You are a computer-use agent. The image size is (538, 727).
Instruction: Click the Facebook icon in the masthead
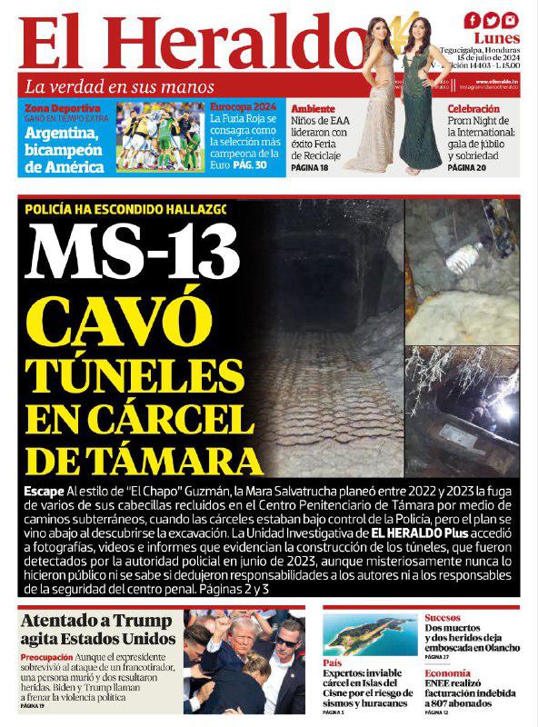[x=473, y=20]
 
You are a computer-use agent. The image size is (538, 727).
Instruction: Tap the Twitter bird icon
[x=492, y=20]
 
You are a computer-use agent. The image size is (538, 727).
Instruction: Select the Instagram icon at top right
[x=511, y=20]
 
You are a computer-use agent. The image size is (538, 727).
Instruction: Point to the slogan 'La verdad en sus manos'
[x=119, y=87]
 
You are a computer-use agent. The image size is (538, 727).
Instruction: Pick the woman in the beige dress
[x=374, y=100]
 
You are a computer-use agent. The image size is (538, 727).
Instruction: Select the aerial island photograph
[x=370, y=634]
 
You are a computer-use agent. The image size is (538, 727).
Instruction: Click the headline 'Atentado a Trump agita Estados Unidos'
[x=98, y=630]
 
